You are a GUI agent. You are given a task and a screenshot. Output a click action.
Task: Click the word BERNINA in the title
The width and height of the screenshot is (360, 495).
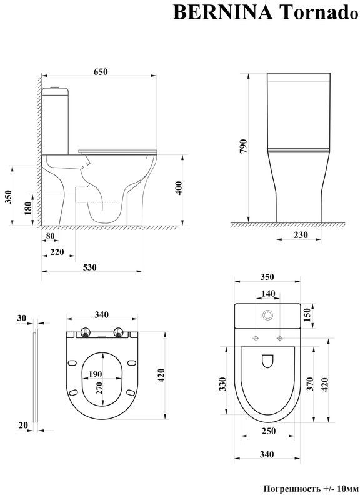click(x=222, y=12)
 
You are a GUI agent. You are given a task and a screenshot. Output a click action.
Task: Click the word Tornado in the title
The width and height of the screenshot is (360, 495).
click(x=319, y=12)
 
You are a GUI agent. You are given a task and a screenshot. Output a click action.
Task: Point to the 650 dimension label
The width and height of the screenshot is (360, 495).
click(x=100, y=72)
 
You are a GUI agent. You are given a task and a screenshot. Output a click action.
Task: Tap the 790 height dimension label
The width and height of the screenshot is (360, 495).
click(x=244, y=146)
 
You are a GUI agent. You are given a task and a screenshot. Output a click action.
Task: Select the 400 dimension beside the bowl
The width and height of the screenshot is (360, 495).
click(x=179, y=188)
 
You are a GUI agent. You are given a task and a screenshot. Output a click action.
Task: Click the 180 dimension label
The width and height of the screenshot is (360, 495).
click(x=27, y=208)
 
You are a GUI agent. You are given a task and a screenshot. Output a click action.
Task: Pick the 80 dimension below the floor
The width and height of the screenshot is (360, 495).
click(x=50, y=236)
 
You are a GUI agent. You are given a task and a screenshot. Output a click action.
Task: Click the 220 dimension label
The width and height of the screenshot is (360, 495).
click(x=57, y=252)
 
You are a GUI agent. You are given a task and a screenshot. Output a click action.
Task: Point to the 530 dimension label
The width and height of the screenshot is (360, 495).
click(x=89, y=267)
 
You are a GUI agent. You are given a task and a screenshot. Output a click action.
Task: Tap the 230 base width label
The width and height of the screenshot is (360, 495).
click(x=301, y=235)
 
